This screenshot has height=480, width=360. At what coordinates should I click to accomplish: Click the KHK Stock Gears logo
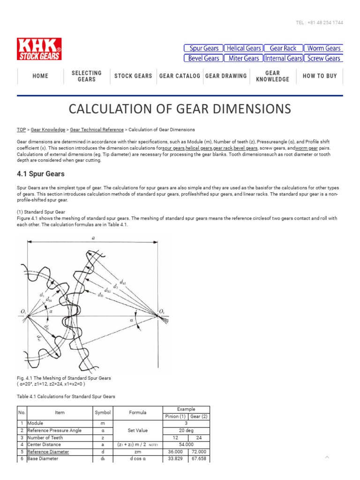tap(39, 49)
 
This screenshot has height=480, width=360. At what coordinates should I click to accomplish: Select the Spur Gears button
tap(203, 48)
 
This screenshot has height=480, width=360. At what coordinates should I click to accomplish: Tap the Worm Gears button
tap(323, 48)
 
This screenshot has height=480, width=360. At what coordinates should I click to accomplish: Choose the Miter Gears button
tap(243, 59)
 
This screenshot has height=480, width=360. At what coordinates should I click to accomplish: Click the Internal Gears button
tap(283, 59)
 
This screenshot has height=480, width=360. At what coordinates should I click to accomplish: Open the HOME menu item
tap(40, 76)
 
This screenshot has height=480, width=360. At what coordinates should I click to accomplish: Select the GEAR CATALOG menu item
tap(180, 76)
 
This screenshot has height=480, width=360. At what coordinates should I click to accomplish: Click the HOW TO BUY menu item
tap(320, 76)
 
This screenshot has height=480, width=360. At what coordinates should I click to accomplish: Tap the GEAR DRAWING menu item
tap(226, 76)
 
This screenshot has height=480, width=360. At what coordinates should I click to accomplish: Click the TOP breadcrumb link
tap(21, 130)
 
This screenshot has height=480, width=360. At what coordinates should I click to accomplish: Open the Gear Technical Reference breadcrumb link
tap(97, 130)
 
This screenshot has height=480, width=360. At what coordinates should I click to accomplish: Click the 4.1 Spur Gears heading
tap(41, 174)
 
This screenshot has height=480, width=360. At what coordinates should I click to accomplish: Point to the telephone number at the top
tap(320, 23)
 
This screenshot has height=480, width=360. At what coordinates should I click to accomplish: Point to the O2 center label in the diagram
tap(162, 311)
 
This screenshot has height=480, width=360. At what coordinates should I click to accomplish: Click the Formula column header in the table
tap(139, 412)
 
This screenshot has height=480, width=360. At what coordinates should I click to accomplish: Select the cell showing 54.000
tap(186, 444)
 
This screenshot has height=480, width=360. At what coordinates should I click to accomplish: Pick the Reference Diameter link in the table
tap(48, 452)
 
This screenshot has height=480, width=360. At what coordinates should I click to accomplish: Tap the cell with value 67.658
tap(198, 459)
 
